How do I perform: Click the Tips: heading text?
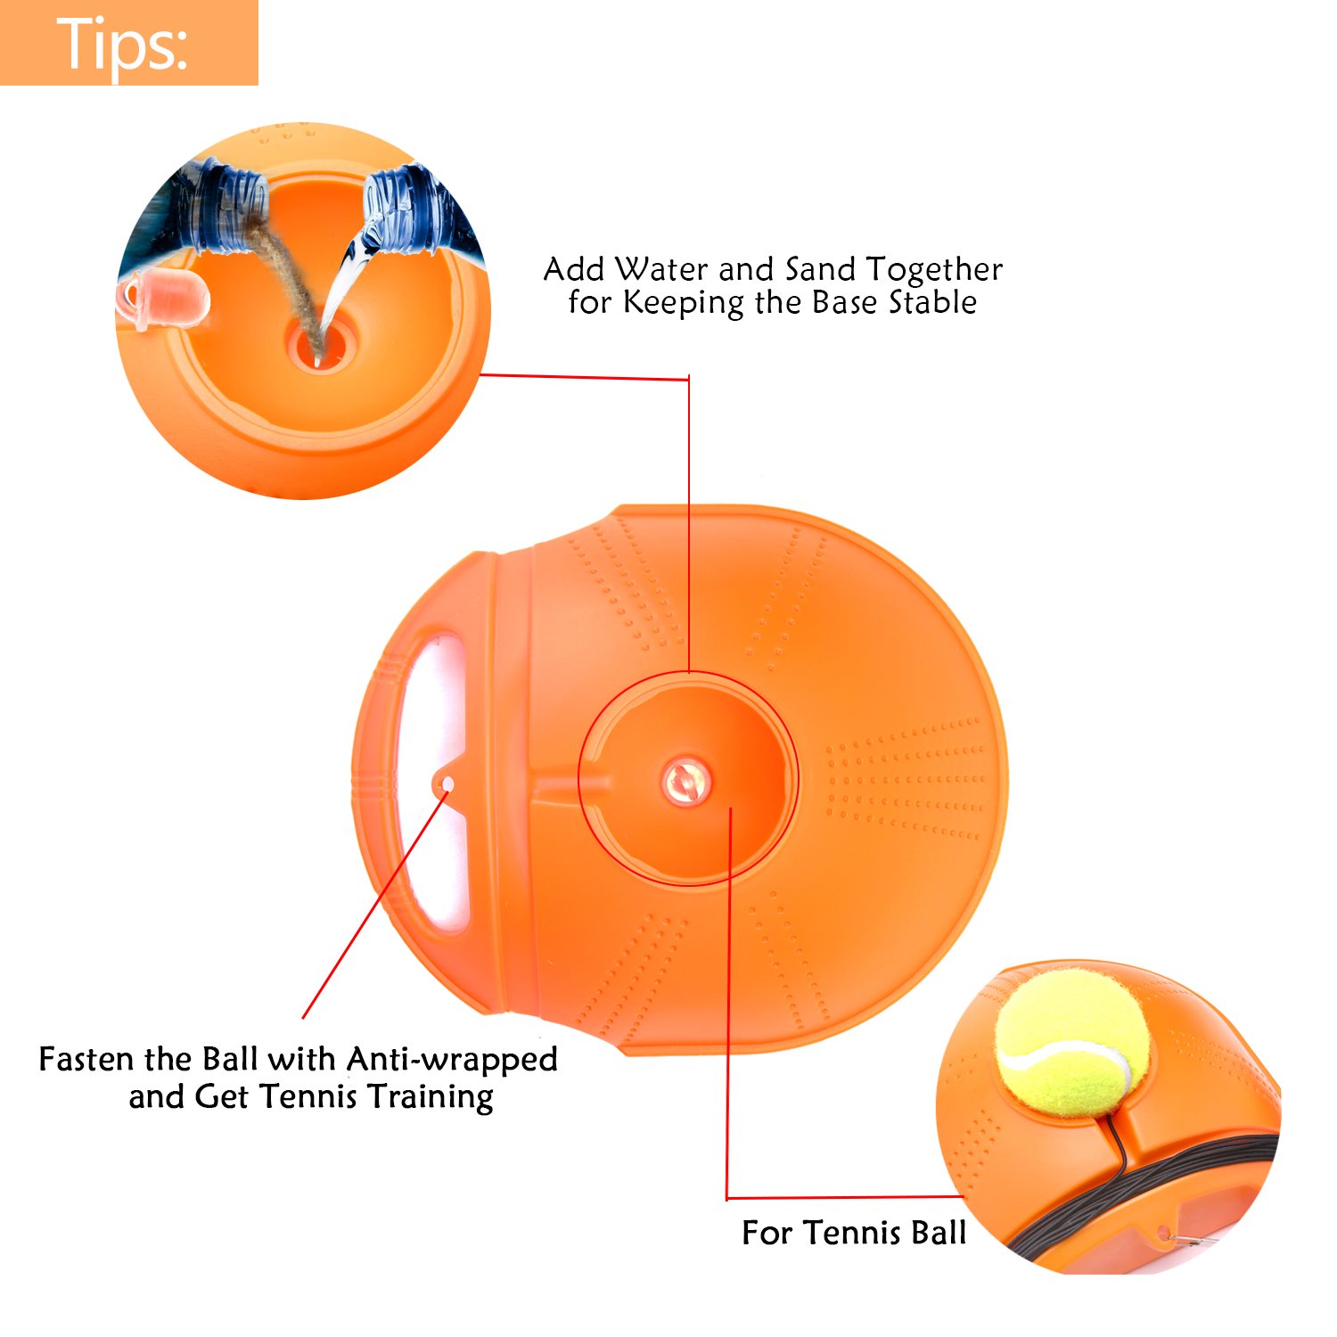point(122,43)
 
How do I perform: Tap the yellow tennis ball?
point(1071,1042)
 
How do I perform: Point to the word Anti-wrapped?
point(452,1059)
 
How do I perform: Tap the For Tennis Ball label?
point(853,1233)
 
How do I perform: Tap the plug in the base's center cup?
point(685,782)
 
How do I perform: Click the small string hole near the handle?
point(448,783)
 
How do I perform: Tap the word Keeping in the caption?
point(683,303)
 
